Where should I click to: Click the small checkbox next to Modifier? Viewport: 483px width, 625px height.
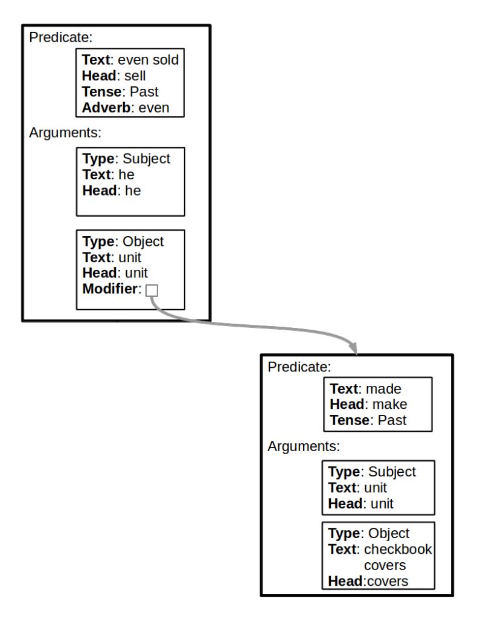coord(152,290)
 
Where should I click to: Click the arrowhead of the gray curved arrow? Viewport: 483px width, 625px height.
coord(354,349)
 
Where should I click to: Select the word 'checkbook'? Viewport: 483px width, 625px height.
coord(397,550)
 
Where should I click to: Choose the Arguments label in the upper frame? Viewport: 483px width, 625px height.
coord(64,133)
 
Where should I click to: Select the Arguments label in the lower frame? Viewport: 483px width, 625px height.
coord(304,447)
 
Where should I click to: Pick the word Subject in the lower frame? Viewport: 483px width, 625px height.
coord(393,472)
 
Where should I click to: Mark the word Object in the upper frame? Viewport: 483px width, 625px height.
coord(143,242)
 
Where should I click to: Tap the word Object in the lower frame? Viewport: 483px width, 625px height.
coord(388,534)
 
